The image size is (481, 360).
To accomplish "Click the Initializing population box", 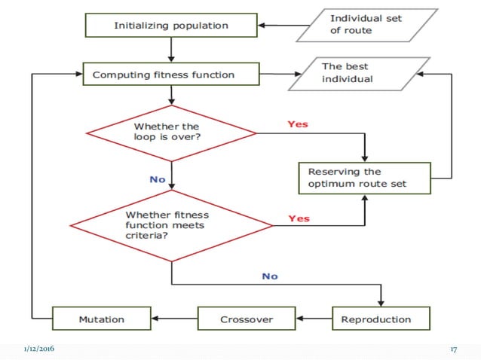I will [x=172, y=26].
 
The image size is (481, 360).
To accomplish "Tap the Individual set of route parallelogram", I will [x=366, y=26].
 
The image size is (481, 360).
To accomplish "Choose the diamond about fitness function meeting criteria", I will [x=171, y=224].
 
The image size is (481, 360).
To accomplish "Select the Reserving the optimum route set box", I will [x=364, y=178].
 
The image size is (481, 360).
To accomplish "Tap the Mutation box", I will [x=101, y=319].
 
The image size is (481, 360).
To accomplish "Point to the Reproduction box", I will [x=381, y=319].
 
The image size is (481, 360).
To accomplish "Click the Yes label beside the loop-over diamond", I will [x=298, y=124].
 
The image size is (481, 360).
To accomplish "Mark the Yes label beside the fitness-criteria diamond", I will [x=299, y=218].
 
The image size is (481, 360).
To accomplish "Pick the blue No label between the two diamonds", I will [x=158, y=179].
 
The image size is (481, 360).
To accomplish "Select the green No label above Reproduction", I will [x=270, y=276].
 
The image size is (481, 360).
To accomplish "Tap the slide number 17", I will [x=454, y=349].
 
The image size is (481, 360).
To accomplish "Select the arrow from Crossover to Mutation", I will [x=174, y=319].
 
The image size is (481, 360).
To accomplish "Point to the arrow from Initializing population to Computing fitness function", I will [x=172, y=49].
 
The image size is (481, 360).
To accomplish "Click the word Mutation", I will [x=101, y=319].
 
